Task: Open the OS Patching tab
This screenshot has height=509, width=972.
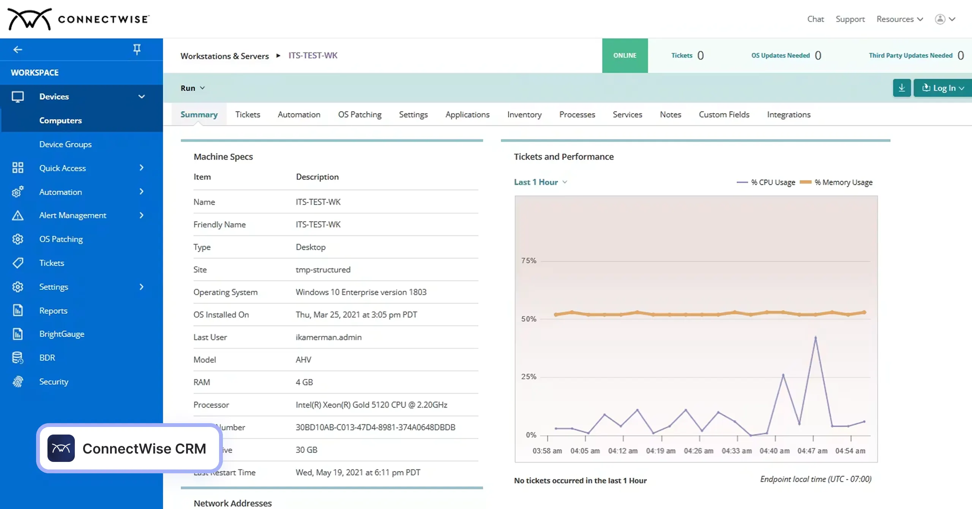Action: click(360, 114)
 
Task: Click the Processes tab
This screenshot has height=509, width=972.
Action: click(577, 114)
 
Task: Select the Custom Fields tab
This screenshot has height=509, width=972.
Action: click(724, 114)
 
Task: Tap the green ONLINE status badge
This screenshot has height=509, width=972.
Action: click(625, 55)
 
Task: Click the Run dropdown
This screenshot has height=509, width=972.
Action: click(193, 88)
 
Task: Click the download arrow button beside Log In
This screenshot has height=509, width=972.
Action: click(902, 88)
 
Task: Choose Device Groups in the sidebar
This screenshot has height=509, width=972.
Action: click(65, 144)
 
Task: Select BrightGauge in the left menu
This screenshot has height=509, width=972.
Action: click(62, 334)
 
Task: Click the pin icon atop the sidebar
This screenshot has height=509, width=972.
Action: click(137, 49)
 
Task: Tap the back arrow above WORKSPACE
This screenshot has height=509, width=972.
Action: click(17, 49)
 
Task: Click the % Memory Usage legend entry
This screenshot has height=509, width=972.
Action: click(836, 182)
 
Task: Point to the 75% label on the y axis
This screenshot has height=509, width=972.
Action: click(529, 261)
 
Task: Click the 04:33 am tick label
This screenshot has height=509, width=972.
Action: click(737, 451)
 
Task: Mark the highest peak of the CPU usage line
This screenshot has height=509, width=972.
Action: click(816, 337)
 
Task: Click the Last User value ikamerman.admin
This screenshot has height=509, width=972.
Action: click(328, 337)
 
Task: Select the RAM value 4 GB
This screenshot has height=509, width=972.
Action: click(304, 382)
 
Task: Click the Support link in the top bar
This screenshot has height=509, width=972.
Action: click(850, 19)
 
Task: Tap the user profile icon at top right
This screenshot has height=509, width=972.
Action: click(940, 19)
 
